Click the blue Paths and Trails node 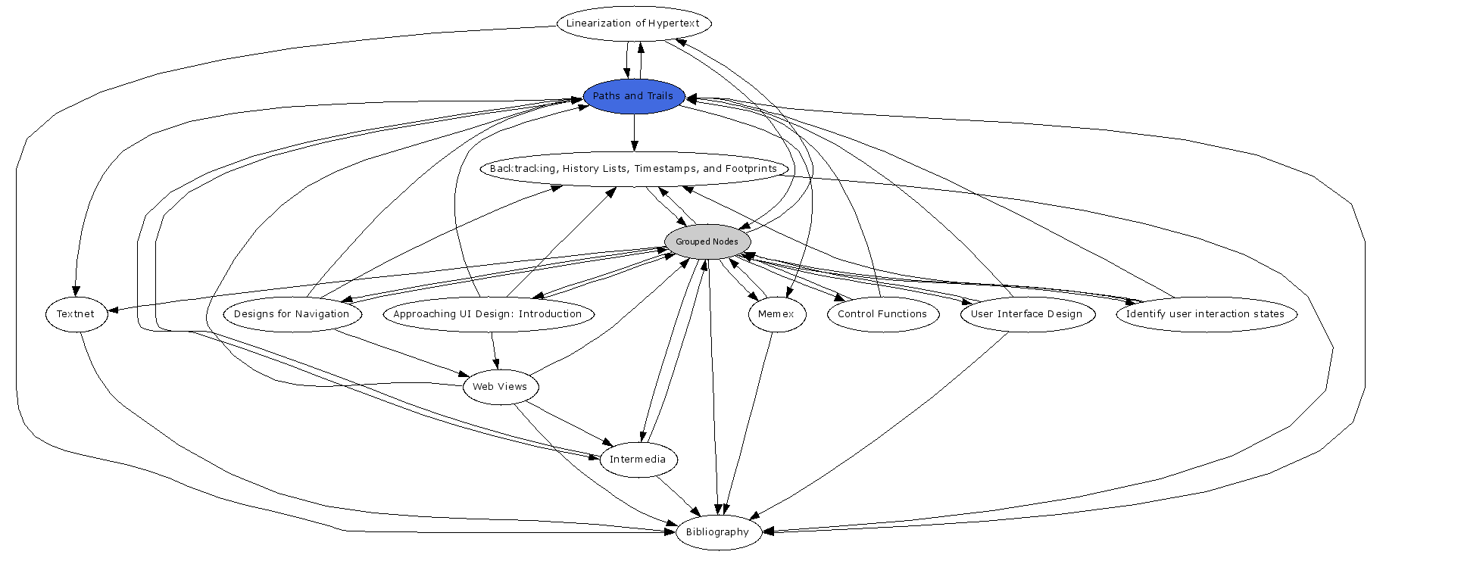(x=633, y=96)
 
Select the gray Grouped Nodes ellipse (x=707, y=242)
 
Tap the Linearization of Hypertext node (x=634, y=23)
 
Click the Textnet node (x=76, y=314)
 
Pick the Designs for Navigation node (x=292, y=314)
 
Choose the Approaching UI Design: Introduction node (x=488, y=314)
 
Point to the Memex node (x=776, y=314)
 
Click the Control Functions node (x=882, y=314)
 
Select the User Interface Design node (x=1027, y=314)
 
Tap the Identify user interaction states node (x=1206, y=314)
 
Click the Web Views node (x=500, y=387)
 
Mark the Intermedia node (x=638, y=460)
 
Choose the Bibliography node (x=717, y=532)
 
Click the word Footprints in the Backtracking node (x=751, y=169)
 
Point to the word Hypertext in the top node (x=673, y=23)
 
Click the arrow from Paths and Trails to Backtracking (x=635, y=132)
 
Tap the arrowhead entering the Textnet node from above (x=76, y=290)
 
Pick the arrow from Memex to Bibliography (x=750, y=416)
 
